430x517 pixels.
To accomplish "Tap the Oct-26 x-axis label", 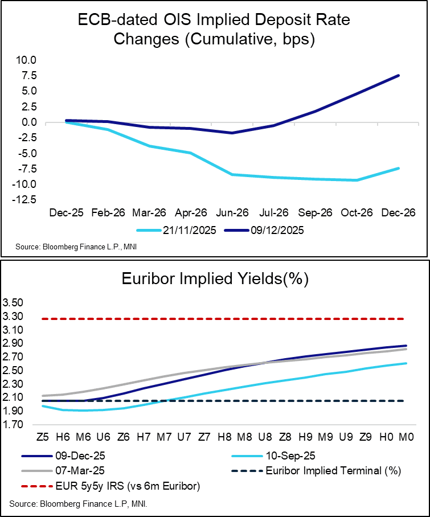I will pyautogui.click(x=358, y=212).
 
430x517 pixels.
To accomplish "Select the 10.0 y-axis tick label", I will pyautogui.click(x=26, y=60).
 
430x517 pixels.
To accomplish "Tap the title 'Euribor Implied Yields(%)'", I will pyautogui.click(x=215, y=279).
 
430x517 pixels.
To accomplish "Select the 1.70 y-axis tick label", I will pyautogui.click(x=14, y=425).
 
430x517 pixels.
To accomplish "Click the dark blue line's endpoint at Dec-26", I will pyautogui.click(x=398, y=75).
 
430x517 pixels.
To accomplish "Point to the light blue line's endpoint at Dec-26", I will pyautogui.click(x=398, y=168).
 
